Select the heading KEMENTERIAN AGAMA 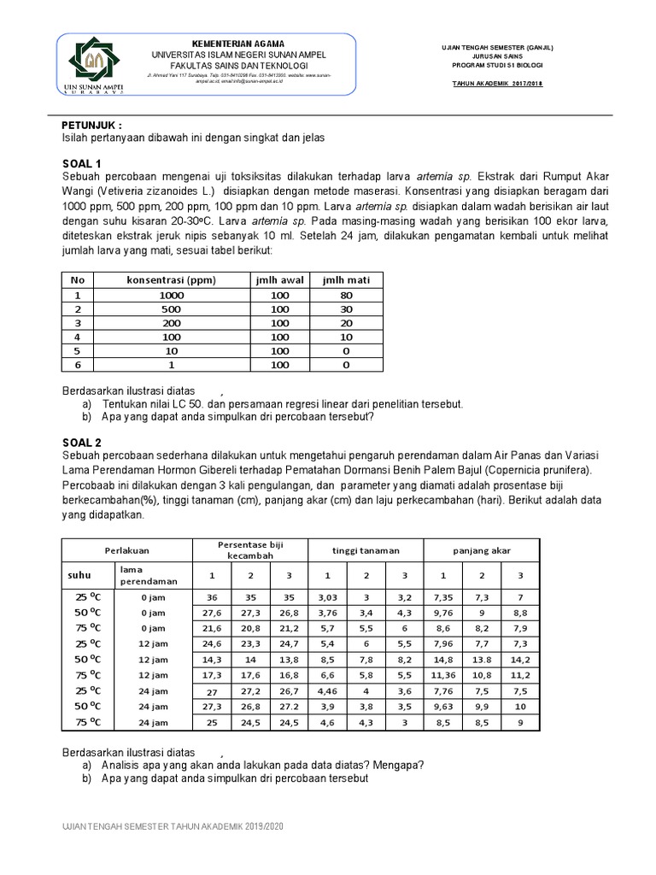pyautogui.click(x=238, y=44)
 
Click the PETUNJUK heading pyautogui.click(x=97, y=124)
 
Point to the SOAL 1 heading pyautogui.click(x=82, y=163)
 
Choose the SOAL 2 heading pyautogui.click(x=82, y=442)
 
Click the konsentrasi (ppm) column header pyautogui.click(x=171, y=280)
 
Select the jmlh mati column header pyautogui.click(x=346, y=280)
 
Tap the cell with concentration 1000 pyautogui.click(x=171, y=295)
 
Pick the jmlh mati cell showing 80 pyautogui.click(x=346, y=295)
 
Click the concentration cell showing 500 pyautogui.click(x=171, y=308)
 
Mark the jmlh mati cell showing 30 pyautogui.click(x=346, y=308)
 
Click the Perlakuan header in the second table pyautogui.click(x=127, y=550)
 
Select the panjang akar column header pyautogui.click(x=481, y=550)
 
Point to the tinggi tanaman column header pyautogui.click(x=366, y=550)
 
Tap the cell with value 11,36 pyautogui.click(x=442, y=675)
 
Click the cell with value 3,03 pyautogui.click(x=328, y=597)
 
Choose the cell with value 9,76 pyautogui.click(x=442, y=613)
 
